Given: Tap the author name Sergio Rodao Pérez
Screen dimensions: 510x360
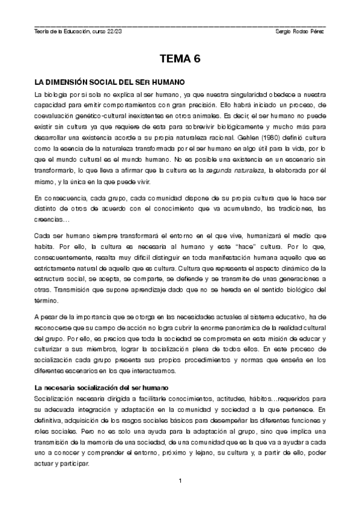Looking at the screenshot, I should coord(299,31).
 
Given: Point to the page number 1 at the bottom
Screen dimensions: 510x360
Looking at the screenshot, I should coord(180,480).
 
